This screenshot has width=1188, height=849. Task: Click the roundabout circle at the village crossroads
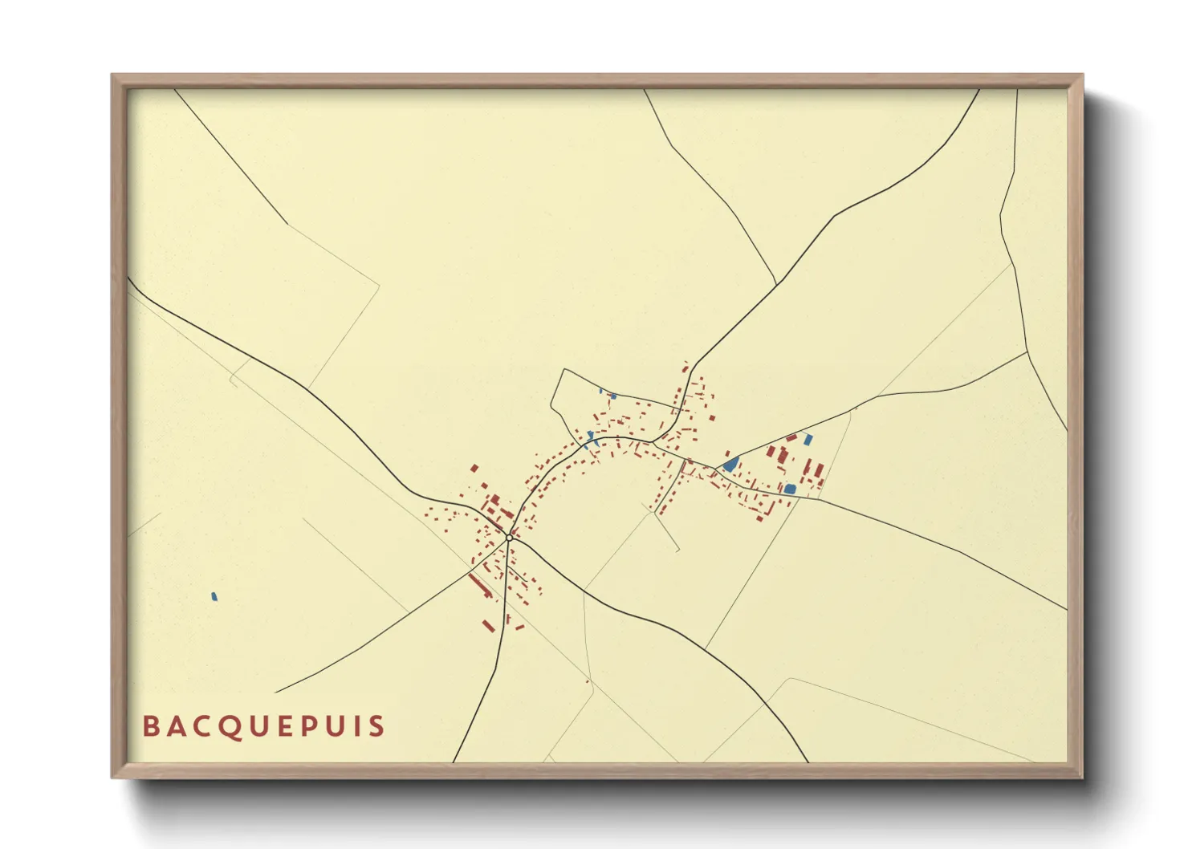point(509,538)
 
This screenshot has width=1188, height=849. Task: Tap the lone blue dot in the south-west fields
point(214,596)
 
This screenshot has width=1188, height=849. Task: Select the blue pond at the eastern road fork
point(730,464)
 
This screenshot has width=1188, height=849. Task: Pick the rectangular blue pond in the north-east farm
point(808,438)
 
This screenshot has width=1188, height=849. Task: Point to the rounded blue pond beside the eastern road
point(790,489)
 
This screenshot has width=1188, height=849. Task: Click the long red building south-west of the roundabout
point(480,585)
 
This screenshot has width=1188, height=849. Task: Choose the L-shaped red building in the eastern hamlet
point(782,456)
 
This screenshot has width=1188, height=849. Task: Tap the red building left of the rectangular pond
point(791,438)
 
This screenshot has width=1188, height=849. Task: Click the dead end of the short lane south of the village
point(678,550)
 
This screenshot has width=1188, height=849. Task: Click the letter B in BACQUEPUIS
point(149,726)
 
